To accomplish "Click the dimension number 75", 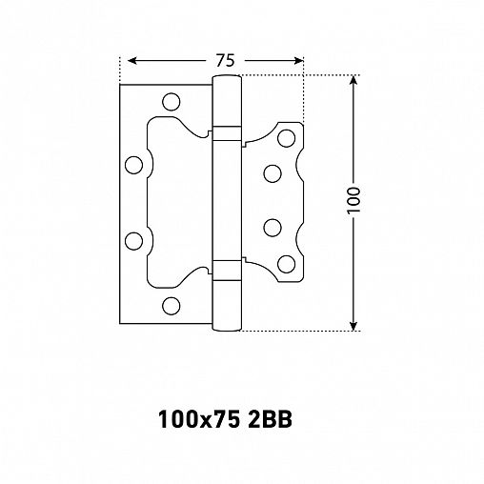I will (x=224, y=60).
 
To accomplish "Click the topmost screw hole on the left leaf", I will (x=171, y=99).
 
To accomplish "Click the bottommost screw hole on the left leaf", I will (x=171, y=306).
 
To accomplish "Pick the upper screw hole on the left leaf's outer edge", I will (x=134, y=164).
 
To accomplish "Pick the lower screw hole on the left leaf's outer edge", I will (x=134, y=239).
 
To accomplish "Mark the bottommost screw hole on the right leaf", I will (x=285, y=262).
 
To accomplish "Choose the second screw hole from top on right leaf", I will (x=272, y=173).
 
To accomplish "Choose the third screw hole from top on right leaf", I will (x=272, y=229).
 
